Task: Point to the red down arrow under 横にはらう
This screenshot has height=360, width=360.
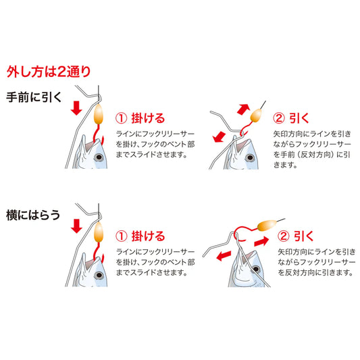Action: click(x=76, y=225)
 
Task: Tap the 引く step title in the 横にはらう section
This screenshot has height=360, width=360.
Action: click(x=298, y=236)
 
